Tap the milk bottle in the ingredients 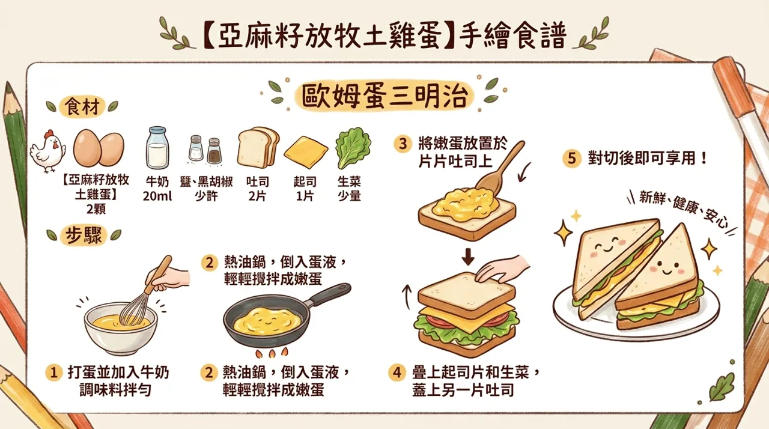point(157,148)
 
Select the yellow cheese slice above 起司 point(306,152)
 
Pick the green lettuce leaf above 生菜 point(353,148)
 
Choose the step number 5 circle point(571,159)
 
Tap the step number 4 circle point(395,373)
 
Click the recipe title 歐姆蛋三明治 point(384,96)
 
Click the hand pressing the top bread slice point(502,269)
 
